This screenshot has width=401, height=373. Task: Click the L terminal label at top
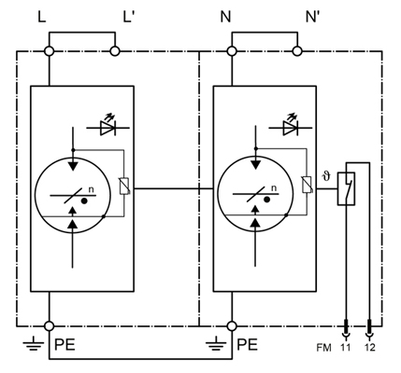pos(42,17)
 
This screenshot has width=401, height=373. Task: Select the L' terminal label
pos(128,17)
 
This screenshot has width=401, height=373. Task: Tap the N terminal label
pos(225,17)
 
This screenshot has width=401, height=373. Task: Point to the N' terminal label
pos(313,17)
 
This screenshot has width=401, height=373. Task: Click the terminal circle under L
pos(50,51)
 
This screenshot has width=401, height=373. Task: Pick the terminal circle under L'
pos(115,51)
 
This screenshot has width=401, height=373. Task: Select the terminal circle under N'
pos(297,51)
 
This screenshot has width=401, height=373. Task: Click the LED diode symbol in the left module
pos(107,126)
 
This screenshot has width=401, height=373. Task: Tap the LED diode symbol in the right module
pos(291,126)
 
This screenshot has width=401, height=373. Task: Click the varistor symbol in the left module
pos(124,186)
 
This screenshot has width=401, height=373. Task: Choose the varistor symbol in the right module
pos(308,185)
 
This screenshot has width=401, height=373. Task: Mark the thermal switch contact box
pos(347,188)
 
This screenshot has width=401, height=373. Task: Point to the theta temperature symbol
pos(326,177)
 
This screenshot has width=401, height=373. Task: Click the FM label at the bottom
pos(323,348)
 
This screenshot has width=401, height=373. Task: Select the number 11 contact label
pos(345,348)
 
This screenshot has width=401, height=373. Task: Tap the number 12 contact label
pos(369,348)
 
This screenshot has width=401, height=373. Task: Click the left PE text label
pos(64,345)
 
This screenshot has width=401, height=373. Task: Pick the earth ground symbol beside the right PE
pos(216,344)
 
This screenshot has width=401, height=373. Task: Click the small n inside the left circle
pos(91,189)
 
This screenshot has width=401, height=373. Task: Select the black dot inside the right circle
pos(266,200)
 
